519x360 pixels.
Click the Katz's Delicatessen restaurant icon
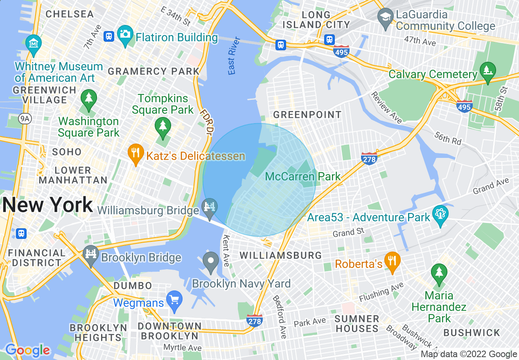[135, 153]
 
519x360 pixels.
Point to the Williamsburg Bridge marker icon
[210, 207]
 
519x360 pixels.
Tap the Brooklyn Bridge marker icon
[91, 254]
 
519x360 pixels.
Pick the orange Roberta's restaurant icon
[392, 261]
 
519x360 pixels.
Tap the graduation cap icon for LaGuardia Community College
[386, 18]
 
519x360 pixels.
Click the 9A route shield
[25, 119]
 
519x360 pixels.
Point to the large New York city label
[47, 205]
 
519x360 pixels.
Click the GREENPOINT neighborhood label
[307, 115]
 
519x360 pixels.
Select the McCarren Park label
[303, 177]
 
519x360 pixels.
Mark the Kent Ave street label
[226, 250]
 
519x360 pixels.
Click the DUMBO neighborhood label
[133, 286]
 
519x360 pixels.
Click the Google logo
[27, 351]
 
